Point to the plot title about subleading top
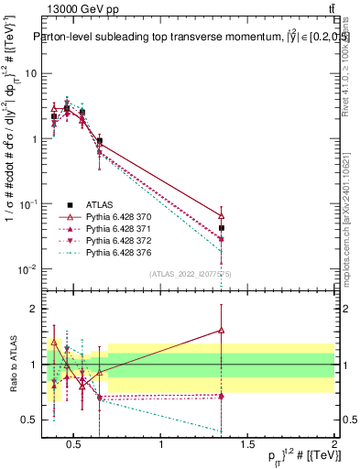click(x=183, y=38)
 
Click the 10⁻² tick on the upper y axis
click(x=27, y=269)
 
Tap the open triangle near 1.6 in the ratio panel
click(x=222, y=330)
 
